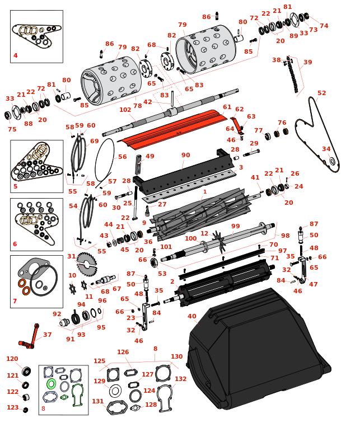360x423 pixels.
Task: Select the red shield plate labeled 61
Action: (x=174, y=129)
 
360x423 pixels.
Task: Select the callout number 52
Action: (x=321, y=93)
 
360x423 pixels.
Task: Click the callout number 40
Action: (x=192, y=317)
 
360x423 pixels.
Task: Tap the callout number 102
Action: (x=125, y=110)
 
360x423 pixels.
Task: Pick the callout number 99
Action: (x=236, y=225)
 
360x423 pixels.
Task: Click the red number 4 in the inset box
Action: (x=16, y=55)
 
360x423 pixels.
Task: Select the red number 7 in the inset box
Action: (x=15, y=301)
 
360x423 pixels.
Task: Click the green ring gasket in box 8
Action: (x=51, y=384)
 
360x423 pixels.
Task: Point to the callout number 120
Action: (x=12, y=359)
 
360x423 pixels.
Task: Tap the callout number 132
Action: (x=180, y=379)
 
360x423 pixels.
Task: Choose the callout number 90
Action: (x=186, y=155)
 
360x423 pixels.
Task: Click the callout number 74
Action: (x=324, y=26)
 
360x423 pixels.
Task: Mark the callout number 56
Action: (x=123, y=157)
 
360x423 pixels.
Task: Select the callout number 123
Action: (x=12, y=407)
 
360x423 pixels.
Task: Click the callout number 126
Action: (x=123, y=352)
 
